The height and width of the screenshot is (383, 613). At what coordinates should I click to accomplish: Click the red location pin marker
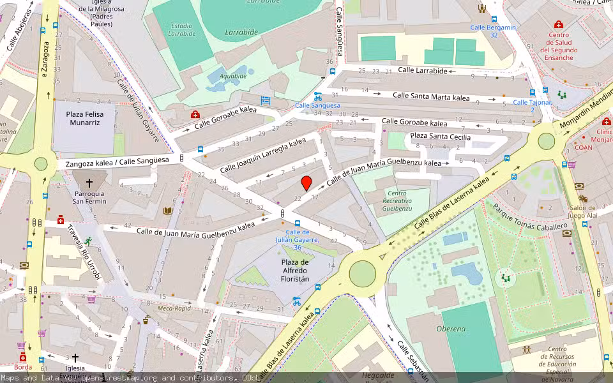point(306,183)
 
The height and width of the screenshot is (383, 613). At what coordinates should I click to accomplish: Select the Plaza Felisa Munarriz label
point(84,118)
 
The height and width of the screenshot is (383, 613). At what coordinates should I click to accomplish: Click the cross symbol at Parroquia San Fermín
point(89,183)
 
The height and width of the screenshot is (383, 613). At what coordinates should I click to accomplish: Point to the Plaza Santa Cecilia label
point(440,137)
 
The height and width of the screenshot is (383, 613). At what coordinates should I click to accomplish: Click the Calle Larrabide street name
point(422,70)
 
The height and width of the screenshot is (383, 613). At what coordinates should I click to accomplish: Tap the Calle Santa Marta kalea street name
point(431,96)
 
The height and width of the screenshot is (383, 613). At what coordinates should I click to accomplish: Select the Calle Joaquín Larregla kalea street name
point(262,157)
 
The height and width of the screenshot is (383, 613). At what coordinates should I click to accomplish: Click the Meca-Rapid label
point(174,308)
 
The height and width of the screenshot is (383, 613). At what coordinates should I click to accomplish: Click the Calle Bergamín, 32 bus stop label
point(492,31)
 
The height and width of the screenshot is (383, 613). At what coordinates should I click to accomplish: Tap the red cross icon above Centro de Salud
point(558,25)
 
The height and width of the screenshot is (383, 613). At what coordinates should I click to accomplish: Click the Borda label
point(23,368)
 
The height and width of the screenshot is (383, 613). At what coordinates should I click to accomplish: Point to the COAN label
point(583,147)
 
